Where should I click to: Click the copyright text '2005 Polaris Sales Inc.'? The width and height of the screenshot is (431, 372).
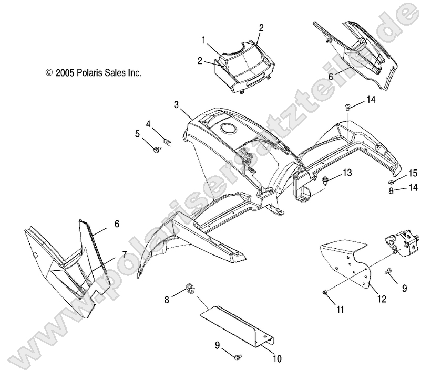tap(98, 73)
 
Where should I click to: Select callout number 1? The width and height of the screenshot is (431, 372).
tap(204, 40)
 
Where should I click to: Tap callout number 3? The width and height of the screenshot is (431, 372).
tap(176, 104)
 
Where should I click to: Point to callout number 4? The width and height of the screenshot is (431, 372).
tap(148, 124)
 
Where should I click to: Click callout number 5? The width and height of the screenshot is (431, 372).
tap(137, 134)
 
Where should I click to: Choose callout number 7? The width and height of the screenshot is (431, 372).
tap(125, 255)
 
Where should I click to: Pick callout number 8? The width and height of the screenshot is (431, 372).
tap(167, 300)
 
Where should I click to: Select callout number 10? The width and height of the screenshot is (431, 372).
tap(278, 358)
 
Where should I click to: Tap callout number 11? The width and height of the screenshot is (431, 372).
tap(340, 310)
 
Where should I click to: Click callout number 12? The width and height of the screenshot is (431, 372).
tap(382, 299)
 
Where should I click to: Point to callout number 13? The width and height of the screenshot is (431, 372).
tap(347, 173)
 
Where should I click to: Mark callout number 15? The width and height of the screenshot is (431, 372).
tap(413, 173)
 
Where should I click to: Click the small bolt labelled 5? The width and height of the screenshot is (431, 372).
tap(157, 150)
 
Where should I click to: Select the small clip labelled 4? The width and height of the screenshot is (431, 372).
tap(167, 142)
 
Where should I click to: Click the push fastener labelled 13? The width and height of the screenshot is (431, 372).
tap(325, 182)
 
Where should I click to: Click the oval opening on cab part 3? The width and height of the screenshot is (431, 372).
tap(229, 128)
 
